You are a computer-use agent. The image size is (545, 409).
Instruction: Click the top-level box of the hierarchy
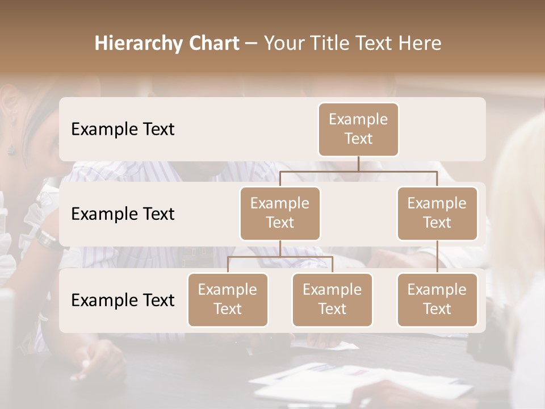click(x=358, y=129)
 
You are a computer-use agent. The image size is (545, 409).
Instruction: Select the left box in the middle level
click(x=280, y=213)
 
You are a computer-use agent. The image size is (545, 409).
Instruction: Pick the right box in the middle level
click(x=437, y=213)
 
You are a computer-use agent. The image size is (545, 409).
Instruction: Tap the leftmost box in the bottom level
click(x=228, y=299)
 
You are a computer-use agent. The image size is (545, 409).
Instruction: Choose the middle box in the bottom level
click(x=332, y=299)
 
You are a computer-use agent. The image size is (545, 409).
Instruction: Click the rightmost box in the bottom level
click(x=437, y=299)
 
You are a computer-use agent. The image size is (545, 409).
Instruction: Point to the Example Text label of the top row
click(x=123, y=130)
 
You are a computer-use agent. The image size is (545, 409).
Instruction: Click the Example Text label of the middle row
click(x=123, y=214)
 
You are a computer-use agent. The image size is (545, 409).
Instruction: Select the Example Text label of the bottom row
click(x=123, y=301)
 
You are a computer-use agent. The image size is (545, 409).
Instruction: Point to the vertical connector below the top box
click(x=358, y=164)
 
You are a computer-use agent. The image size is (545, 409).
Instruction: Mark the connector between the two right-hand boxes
click(x=437, y=257)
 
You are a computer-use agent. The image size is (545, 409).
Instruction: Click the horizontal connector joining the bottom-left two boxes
click(x=280, y=257)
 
